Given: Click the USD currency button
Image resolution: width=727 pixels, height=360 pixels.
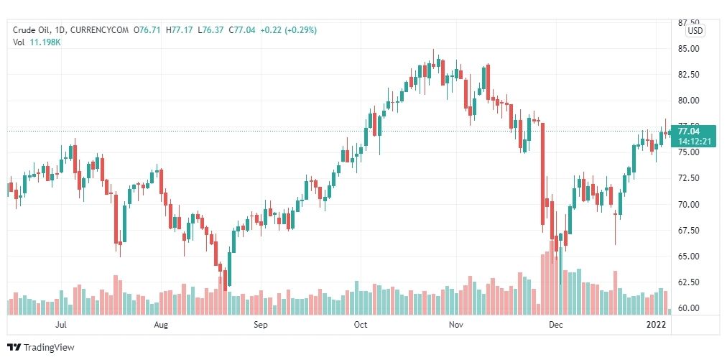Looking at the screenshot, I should [695, 31].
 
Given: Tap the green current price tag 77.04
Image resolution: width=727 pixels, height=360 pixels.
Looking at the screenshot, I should [688, 131].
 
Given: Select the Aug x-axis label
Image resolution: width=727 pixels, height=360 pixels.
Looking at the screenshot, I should [161, 325].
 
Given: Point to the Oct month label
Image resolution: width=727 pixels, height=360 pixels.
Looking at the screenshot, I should [361, 325].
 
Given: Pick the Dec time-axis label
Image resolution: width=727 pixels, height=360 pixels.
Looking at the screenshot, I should [555, 325].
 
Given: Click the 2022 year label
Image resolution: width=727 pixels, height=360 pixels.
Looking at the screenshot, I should [657, 325].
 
